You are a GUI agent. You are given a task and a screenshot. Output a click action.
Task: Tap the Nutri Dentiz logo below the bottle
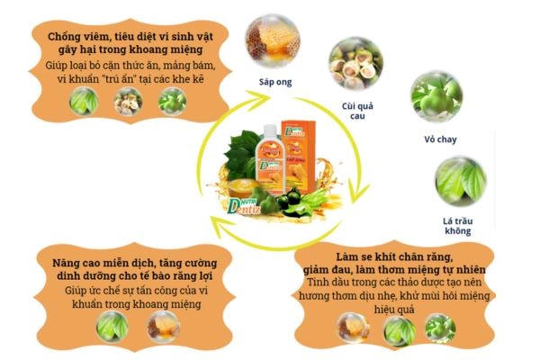click(246, 196)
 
